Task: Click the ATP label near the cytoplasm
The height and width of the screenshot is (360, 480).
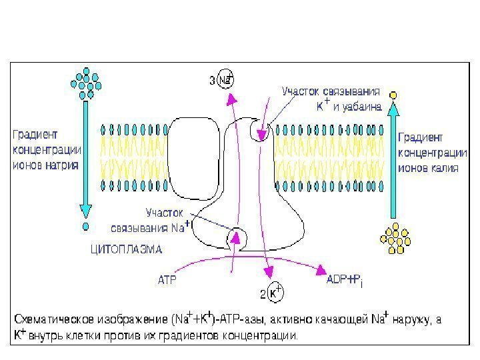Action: point(167,281)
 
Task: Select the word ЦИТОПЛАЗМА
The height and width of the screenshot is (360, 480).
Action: point(125,250)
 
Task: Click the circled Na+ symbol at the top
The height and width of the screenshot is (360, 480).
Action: point(227,80)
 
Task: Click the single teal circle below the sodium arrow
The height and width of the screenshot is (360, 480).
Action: point(85,227)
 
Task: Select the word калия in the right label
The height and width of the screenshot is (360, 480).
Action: point(443,168)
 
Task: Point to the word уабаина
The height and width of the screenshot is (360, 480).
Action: point(362,105)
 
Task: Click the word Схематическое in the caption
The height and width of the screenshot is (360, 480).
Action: point(56,319)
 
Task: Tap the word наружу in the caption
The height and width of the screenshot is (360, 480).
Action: point(418,319)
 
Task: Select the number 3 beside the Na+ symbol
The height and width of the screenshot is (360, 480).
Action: point(213,81)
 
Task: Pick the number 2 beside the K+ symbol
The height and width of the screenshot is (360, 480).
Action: point(262,293)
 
